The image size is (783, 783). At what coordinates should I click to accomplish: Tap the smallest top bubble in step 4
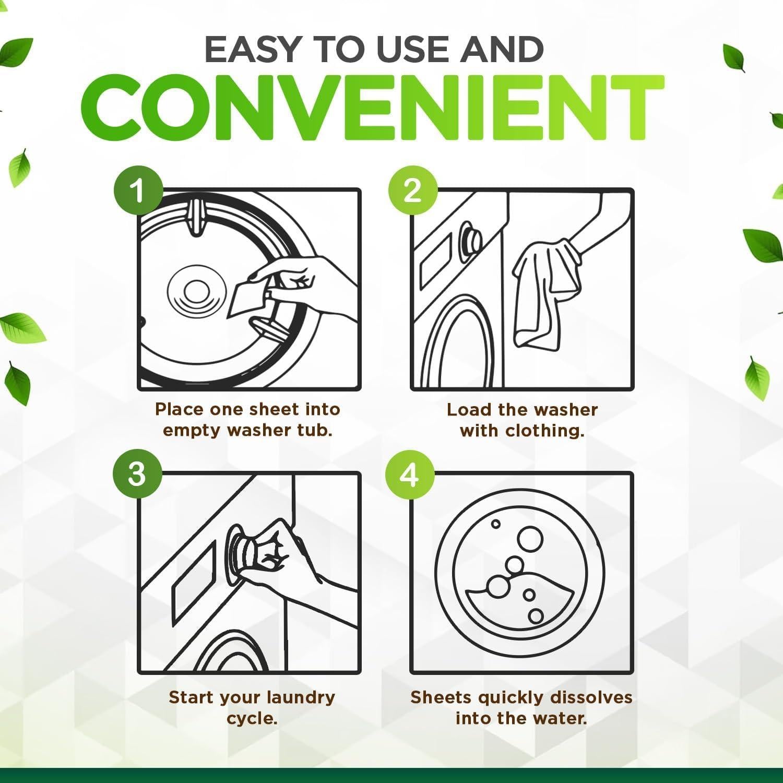(x=496, y=524)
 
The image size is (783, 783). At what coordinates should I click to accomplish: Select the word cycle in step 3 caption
(x=252, y=719)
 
